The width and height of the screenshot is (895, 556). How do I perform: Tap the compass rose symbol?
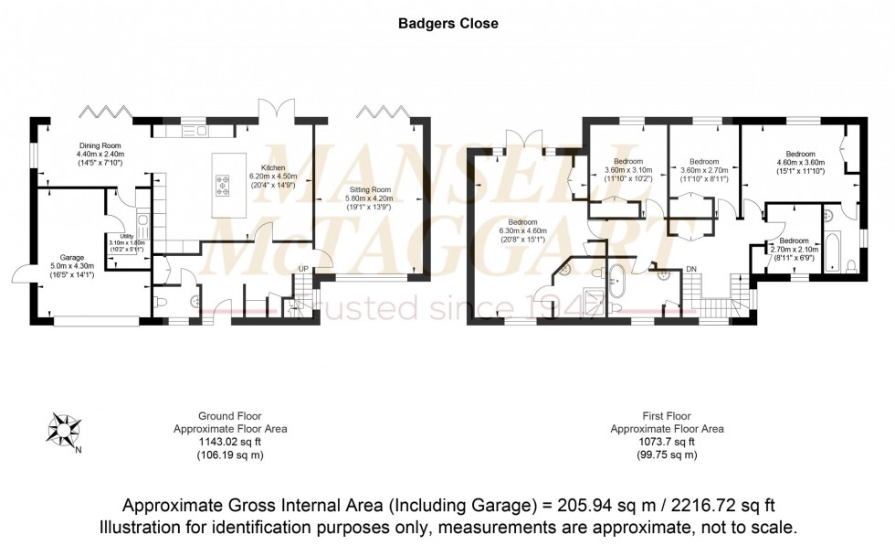click(x=63, y=427)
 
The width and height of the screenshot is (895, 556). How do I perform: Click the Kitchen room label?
click(x=273, y=168)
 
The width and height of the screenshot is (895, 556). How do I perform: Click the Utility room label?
click(x=115, y=236)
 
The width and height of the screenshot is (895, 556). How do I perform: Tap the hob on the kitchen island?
click(x=224, y=187)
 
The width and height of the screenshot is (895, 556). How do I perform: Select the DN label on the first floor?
click(x=692, y=268)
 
